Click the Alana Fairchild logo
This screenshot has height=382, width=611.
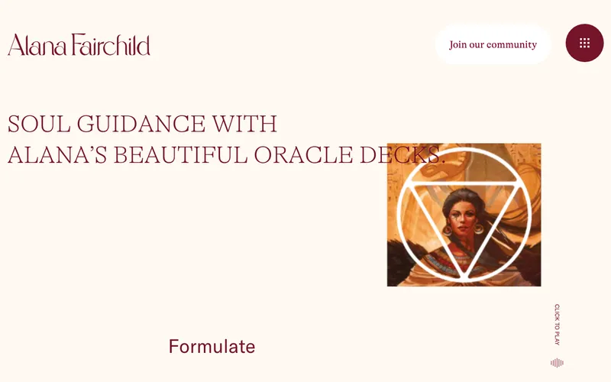pyautogui.click(x=79, y=44)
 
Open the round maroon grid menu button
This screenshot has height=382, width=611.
pyautogui.click(x=584, y=44)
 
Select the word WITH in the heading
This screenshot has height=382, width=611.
pyautogui.click(x=244, y=124)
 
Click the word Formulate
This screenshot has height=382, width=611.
pyautogui.click(x=212, y=347)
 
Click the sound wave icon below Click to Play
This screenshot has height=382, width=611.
pyautogui.click(x=557, y=363)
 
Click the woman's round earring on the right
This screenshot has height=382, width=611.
pyautogui.click(x=479, y=228)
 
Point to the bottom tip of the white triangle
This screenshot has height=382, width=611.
pyautogui.click(x=464, y=277)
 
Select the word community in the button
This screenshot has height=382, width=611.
pyautogui.click(x=512, y=44)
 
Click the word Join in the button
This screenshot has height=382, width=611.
pyautogui.click(x=457, y=44)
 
